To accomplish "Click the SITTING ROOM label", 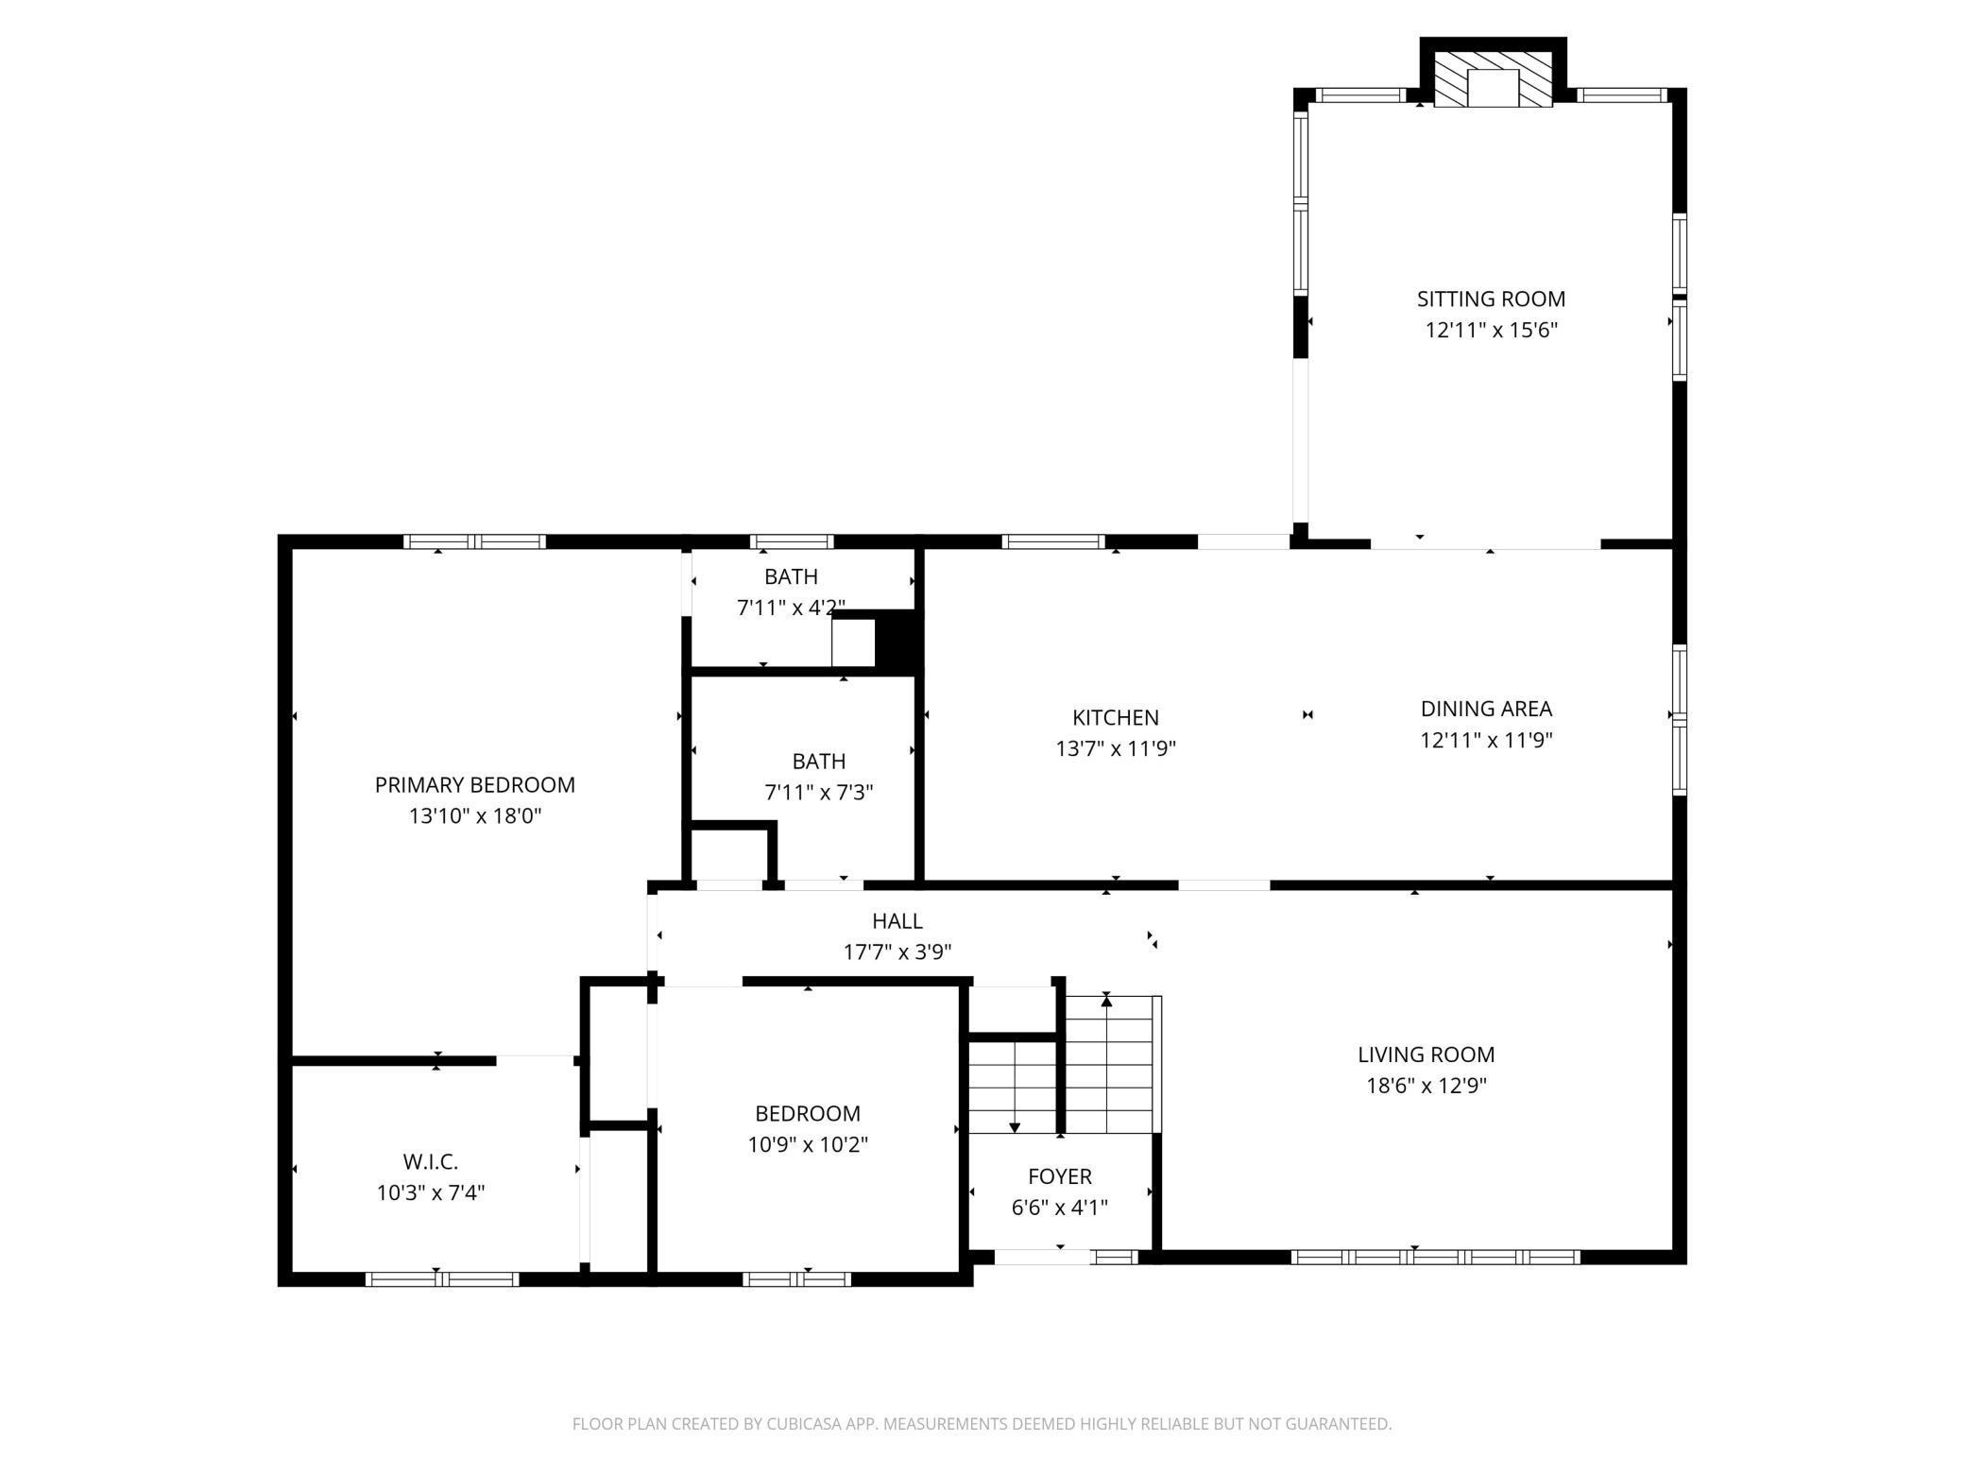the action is pyautogui.click(x=1491, y=299).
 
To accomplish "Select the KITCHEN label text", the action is pyautogui.click(x=1116, y=717).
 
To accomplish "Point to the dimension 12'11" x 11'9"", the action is pyautogui.click(x=1487, y=740).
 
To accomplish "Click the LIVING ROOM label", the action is pyautogui.click(x=1427, y=1054).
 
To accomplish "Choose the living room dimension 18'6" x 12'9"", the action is pyautogui.click(x=1427, y=1086).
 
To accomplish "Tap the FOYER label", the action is pyautogui.click(x=1060, y=1176).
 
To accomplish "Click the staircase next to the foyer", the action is pyautogui.click(x=1063, y=1065).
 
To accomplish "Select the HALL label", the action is pyautogui.click(x=897, y=920).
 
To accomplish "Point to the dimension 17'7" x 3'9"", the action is pyautogui.click(x=897, y=951).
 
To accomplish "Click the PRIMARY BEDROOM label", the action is pyautogui.click(x=475, y=784).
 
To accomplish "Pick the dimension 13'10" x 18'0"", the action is pyautogui.click(x=475, y=815).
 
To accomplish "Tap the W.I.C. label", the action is pyautogui.click(x=431, y=1161).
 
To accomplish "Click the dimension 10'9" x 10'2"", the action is pyautogui.click(x=808, y=1145).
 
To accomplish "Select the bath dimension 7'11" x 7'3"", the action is pyautogui.click(x=819, y=792).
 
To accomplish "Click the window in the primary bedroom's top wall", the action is pyautogui.click(x=475, y=541).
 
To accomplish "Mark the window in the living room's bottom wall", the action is pyautogui.click(x=1435, y=1257).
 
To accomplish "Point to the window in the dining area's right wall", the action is pyautogui.click(x=1680, y=720).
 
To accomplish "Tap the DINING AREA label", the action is pyautogui.click(x=1487, y=709).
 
